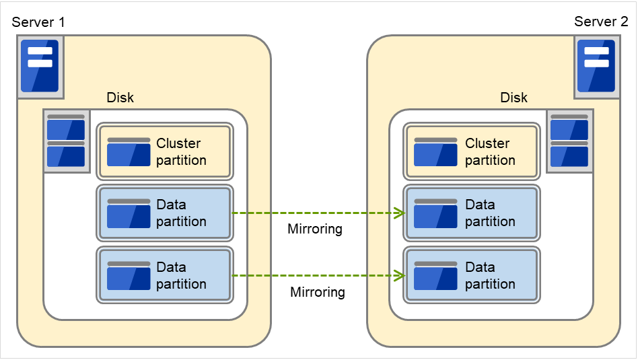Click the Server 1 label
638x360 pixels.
pyautogui.click(x=38, y=22)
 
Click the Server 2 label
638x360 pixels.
pyautogui.click(x=600, y=22)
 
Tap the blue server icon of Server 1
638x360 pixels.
pyautogui.click(x=40, y=65)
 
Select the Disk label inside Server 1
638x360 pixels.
pyautogui.click(x=120, y=98)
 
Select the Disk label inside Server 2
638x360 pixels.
pyautogui.click(x=513, y=98)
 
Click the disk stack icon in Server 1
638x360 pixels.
pyautogui.click(x=66, y=142)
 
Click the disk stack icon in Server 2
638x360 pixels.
pyautogui.click(x=569, y=142)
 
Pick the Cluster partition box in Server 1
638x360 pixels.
pyautogui.click(x=165, y=151)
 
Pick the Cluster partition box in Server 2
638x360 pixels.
pyautogui.click(x=471, y=151)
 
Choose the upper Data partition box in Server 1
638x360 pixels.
pyautogui.click(x=165, y=213)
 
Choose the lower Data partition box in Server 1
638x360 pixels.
pyautogui.click(x=165, y=275)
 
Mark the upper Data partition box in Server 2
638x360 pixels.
pyautogui.click(x=471, y=213)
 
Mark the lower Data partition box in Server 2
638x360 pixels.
pyautogui.click(x=471, y=275)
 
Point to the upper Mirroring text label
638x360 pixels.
pyautogui.click(x=315, y=229)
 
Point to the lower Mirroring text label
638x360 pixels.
pyautogui.click(x=318, y=292)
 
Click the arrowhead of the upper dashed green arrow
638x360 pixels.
pyautogui.click(x=399, y=213)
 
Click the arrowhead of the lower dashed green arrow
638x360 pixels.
pyautogui.click(x=399, y=275)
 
